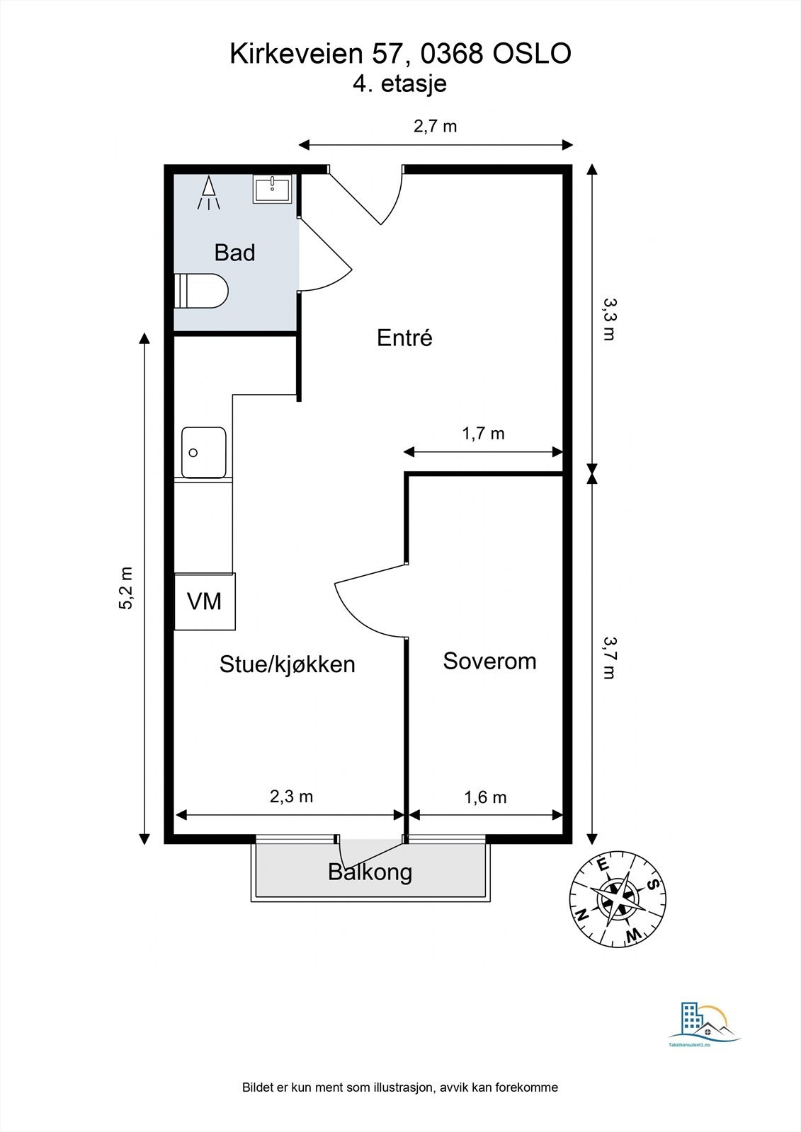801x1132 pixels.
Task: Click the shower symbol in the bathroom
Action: [x=208, y=192]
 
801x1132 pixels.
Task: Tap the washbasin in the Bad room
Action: [x=272, y=189]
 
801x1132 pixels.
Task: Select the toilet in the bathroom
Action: [x=201, y=291]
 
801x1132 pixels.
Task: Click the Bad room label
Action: [x=234, y=252]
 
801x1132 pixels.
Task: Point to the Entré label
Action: [x=404, y=337]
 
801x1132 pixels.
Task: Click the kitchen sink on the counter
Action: [x=204, y=452]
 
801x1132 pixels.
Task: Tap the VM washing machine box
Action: [x=205, y=601]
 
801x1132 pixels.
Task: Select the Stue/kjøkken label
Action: [x=287, y=664]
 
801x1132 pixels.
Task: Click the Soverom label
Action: [x=489, y=661]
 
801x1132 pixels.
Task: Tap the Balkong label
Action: [x=370, y=872]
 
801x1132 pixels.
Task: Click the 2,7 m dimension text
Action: [x=435, y=126]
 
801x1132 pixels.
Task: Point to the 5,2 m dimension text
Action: [x=126, y=588]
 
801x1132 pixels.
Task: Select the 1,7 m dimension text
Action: [x=483, y=433]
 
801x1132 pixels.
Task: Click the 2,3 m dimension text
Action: [x=291, y=797]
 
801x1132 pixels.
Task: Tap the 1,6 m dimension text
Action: [x=484, y=797]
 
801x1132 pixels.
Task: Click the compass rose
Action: [x=618, y=899]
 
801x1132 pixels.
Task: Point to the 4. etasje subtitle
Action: [x=399, y=84]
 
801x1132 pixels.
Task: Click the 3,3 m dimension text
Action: [x=610, y=319]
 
